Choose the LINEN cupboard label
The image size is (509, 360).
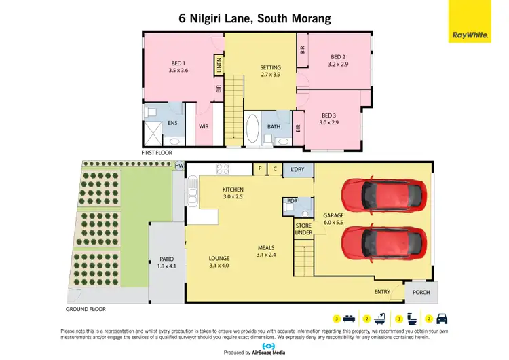[219, 66]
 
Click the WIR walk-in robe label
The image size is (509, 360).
[204, 126]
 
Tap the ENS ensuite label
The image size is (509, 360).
[173, 123]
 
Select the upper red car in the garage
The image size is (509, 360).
[384, 195]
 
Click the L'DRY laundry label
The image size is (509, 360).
[297, 168]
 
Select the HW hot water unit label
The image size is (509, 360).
[179, 166]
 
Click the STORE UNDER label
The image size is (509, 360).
[303, 229]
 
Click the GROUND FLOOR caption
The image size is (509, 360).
[86, 309]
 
